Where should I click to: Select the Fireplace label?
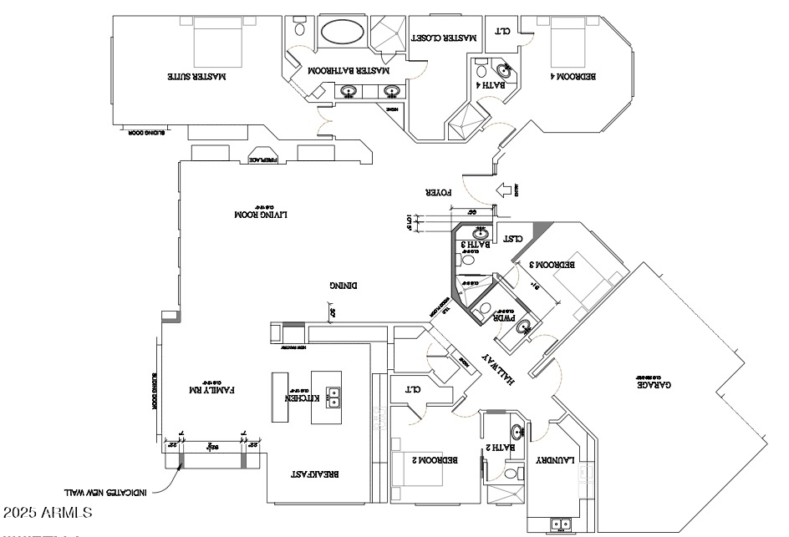pos(268,159)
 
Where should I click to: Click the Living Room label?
pos(259,215)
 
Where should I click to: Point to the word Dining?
pos(343,285)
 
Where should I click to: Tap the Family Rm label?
pos(214,389)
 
